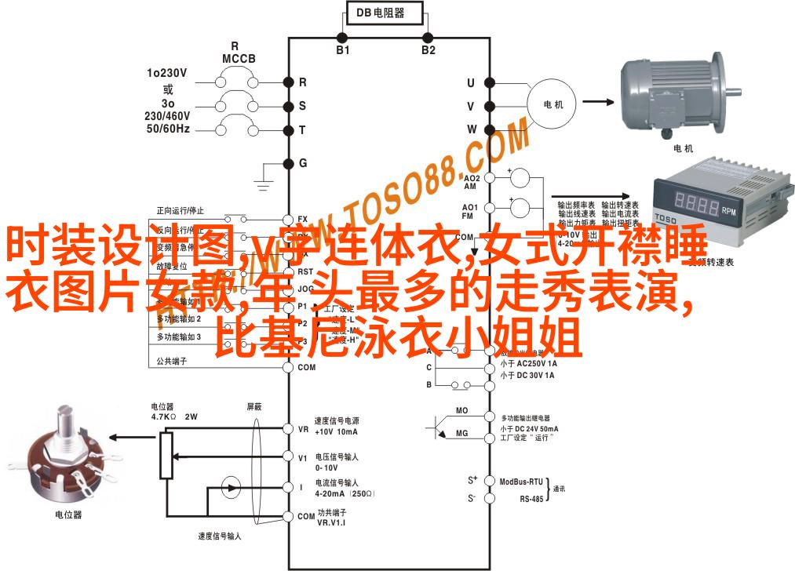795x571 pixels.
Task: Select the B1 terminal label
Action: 343,49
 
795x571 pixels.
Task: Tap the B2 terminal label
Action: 428,49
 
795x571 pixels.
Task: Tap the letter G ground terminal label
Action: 303,162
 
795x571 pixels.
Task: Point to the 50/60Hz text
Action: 167,127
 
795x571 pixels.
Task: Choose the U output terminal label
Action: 471,82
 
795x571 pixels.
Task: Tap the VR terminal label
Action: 303,429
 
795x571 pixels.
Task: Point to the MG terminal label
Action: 461,433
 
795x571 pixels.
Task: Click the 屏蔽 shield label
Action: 256,406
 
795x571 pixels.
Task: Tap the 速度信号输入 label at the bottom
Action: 220,536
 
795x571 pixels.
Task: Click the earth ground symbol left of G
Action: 264,182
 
